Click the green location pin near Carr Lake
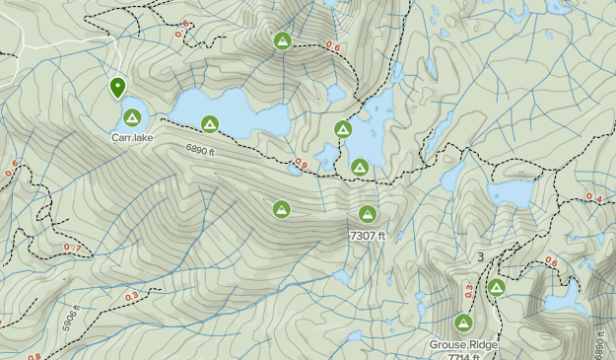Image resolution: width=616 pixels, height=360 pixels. click(117, 87)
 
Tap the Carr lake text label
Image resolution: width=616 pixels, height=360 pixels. click(131, 138)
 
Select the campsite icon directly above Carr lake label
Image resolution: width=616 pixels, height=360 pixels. click(131, 117)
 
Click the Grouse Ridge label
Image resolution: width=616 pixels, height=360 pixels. click(462, 345)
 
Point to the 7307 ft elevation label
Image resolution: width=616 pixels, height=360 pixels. click(367, 236)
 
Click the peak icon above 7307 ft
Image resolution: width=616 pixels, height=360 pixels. click(368, 213)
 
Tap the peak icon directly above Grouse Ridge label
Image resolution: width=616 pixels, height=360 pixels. click(463, 323)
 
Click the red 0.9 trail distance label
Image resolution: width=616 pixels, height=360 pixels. click(300, 165)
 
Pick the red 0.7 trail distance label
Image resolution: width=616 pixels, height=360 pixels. click(71, 247)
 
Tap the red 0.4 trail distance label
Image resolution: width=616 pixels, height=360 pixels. click(593, 198)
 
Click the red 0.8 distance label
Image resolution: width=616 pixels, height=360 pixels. click(34, 356)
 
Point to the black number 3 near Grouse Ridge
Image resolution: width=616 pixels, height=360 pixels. click(480, 257)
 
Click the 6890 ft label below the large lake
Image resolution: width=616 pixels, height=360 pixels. click(199, 150)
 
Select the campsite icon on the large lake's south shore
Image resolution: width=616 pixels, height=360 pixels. click(209, 123)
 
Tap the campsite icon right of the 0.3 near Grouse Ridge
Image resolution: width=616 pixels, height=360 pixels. click(497, 287)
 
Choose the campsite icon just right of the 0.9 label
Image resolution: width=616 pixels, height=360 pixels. click(360, 168)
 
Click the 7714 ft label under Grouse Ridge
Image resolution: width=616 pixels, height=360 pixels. click(462, 356)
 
